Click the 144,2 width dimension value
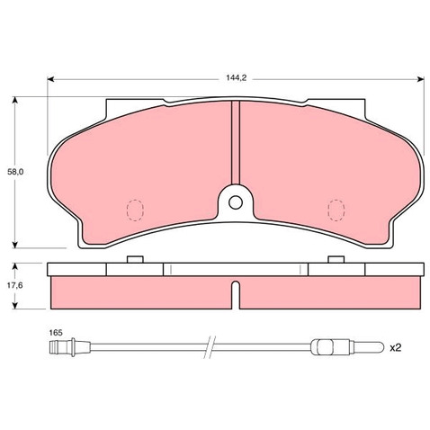click(x=236, y=78)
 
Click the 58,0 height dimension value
click(x=15, y=172)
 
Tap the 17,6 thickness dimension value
click(x=15, y=285)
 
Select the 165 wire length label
click(x=56, y=333)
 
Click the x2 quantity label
click(x=395, y=347)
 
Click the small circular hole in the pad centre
click(x=236, y=202)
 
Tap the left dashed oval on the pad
click(x=135, y=211)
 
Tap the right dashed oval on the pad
click(x=336, y=211)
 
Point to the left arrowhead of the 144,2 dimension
click(x=50, y=79)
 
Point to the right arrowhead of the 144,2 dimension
click(x=421, y=79)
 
